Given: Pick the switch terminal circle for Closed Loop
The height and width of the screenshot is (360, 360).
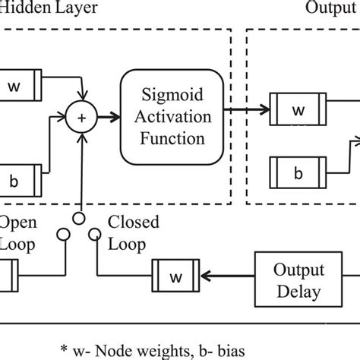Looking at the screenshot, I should [94, 235].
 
